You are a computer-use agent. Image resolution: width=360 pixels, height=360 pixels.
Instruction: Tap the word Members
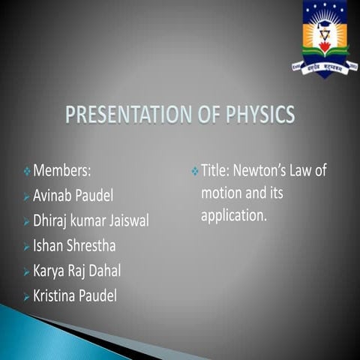pos(61,172)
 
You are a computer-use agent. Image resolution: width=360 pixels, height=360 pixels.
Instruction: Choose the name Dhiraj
pos(52,221)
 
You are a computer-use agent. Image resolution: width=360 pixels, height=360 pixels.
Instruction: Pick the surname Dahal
pos(103,270)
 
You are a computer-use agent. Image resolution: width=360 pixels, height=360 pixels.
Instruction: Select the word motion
pos(220,193)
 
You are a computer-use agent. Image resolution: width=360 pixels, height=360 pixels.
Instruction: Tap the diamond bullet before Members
pos(27,172)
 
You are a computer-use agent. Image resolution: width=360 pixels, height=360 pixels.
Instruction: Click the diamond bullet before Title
pos(195,172)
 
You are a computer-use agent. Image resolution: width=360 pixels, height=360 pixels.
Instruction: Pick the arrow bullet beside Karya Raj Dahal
pos(27,271)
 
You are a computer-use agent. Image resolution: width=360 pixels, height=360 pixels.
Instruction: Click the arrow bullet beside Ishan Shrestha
pos(27,246)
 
